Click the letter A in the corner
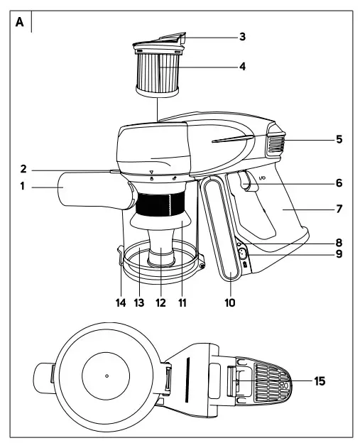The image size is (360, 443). coord(19,22)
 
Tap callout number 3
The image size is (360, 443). coord(242,37)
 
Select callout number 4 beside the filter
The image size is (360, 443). coord(242,67)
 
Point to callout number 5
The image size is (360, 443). coord(339,139)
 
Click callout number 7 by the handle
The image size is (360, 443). coord(339,209)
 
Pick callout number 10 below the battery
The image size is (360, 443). coord(230,302)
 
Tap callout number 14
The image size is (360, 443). coord(121,302)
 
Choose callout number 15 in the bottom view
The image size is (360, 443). coord(320,381)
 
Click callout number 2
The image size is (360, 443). coord(23,169)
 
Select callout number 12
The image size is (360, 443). coord(160,302)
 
